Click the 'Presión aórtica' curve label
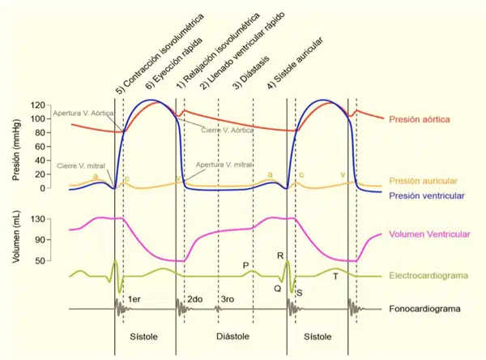[x=419, y=119]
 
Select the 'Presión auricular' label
[x=423, y=181]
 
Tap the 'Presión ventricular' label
[x=427, y=195]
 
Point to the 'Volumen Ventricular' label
[x=429, y=234]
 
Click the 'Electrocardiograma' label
[x=428, y=276]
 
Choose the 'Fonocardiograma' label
[x=424, y=309]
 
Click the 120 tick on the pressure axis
[x=37, y=105]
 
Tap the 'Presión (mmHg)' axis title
[x=16, y=149]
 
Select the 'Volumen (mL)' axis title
[x=16, y=237]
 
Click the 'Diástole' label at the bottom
[x=232, y=336]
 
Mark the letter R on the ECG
[x=280, y=255]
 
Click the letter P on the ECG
[x=245, y=265]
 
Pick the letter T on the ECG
[x=335, y=276]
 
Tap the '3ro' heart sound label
[x=227, y=299]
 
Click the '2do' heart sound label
[x=195, y=299]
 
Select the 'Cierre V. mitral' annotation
[x=81, y=165]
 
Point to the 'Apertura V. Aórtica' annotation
[x=83, y=114]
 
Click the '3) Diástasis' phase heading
[x=251, y=73]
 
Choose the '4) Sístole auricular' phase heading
[x=296, y=63]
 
